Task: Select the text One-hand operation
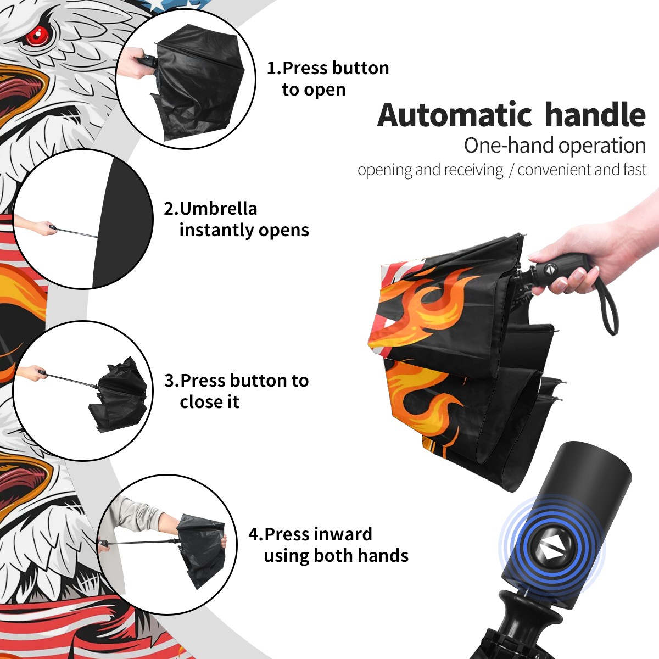555,146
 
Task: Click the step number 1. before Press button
273,68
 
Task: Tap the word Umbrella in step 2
218,209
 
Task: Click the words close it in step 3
209,402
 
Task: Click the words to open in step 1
314,90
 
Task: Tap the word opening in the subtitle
385,170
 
